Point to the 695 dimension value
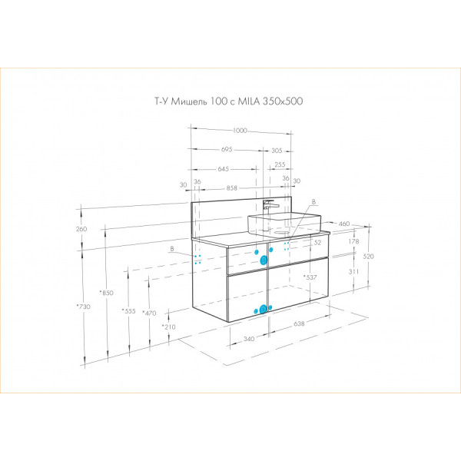(226, 150)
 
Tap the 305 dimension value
(276, 150)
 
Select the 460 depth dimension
(344, 224)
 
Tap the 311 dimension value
(353, 272)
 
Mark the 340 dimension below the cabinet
(249, 338)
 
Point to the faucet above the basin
(268, 207)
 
